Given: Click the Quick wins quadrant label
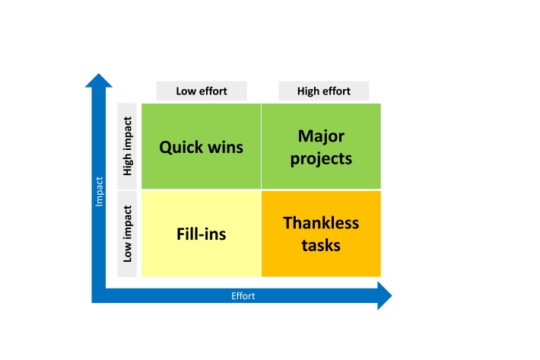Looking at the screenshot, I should [201, 147].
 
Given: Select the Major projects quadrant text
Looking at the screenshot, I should [321, 148].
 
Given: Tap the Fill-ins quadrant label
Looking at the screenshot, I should [201, 234].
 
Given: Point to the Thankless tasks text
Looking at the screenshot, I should [321, 234].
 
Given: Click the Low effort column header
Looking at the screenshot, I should [202, 91].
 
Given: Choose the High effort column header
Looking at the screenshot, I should [324, 91].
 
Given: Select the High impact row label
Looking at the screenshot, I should [128, 146].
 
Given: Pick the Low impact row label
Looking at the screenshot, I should [128, 233].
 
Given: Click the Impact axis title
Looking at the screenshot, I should [99, 192].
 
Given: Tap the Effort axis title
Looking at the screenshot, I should [243, 296].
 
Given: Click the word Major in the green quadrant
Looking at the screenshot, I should [321, 136].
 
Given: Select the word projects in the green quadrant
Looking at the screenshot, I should [321, 159].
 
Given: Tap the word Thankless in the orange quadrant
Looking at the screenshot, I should [321, 223].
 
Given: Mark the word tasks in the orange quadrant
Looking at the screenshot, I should [321, 245].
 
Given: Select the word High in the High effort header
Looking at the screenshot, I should [309, 91].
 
